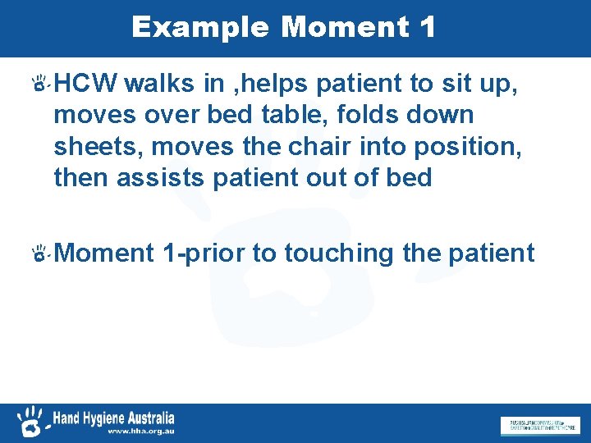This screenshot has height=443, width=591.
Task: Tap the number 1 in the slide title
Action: tap(426, 27)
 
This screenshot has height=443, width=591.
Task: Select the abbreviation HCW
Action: tap(87, 83)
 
